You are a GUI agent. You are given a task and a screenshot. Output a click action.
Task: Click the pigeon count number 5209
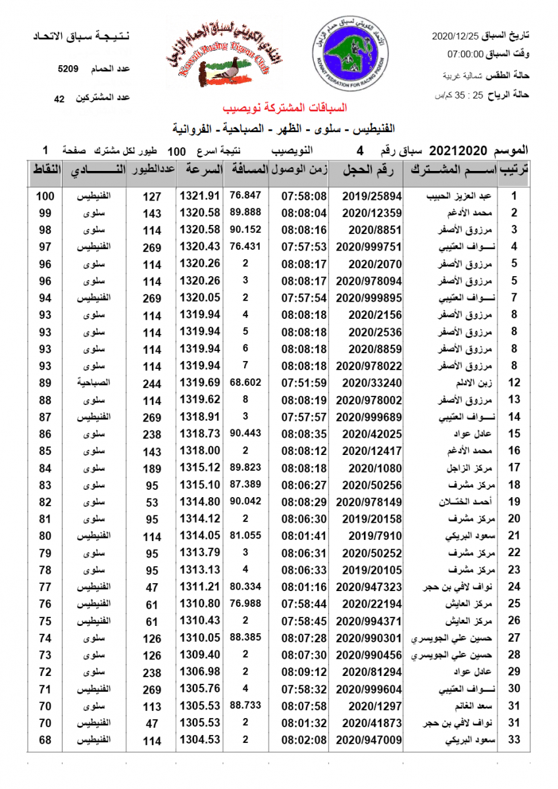coord(68,68)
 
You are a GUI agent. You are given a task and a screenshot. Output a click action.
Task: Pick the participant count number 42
coord(59,99)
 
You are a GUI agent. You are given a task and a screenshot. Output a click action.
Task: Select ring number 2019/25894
coord(367,196)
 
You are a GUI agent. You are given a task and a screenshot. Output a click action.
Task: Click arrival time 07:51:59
coord(304,383)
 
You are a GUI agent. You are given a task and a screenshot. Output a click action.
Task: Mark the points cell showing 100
coord(45,196)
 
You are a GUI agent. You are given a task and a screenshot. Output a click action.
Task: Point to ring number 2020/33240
coord(368,383)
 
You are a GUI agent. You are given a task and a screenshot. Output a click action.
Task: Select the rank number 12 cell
coord(514,383)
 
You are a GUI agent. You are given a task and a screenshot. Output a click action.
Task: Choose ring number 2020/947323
coord(367,586)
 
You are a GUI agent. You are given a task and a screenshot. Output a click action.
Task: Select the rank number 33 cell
coord(514,740)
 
